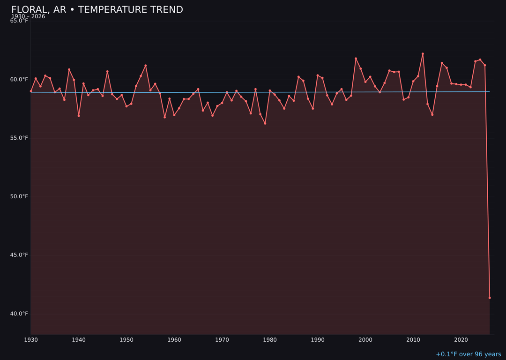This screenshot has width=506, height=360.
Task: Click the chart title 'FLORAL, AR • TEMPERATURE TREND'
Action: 97,10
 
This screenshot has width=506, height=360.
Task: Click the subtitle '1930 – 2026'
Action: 28,16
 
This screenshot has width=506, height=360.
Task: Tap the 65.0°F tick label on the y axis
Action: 19,21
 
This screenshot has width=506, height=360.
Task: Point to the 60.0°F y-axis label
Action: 19,79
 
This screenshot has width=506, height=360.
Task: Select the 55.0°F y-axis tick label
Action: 19,138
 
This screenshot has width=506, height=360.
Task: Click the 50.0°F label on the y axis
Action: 19,196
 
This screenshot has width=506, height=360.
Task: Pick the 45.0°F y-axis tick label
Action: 19,255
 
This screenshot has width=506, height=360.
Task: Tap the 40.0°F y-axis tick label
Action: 19,314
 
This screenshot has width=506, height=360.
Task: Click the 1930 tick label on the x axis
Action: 31,339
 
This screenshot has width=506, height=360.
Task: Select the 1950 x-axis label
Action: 126,339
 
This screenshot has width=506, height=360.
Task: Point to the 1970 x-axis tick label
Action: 222,339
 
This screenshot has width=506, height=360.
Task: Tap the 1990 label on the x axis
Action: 318,339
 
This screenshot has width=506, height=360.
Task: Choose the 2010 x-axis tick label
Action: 413,339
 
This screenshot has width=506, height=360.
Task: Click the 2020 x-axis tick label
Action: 461,339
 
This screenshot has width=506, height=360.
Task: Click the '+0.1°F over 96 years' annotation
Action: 468,354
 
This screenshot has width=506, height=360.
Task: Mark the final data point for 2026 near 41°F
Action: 490,298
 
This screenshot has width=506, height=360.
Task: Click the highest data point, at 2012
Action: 423,54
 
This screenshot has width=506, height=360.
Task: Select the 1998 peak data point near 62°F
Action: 356,59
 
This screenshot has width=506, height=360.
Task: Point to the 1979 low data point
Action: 265,123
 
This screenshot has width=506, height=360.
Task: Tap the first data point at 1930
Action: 31,91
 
